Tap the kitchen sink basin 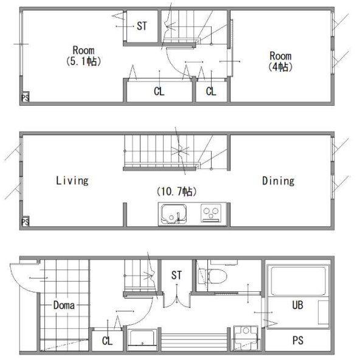pyautogui.click(x=174, y=213)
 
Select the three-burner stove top pyautogui.click(x=210, y=213)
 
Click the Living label pyautogui.click(x=72, y=181)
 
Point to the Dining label pyautogui.click(x=279, y=181)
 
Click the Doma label pyautogui.click(x=64, y=305)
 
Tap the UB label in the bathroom pyautogui.click(x=298, y=305)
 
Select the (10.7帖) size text pyautogui.click(x=176, y=192)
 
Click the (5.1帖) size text pyautogui.click(x=83, y=61)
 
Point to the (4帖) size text pyautogui.click(x=280, y=67)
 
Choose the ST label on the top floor pyautogui.click(x=142, y=26)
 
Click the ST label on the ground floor pyautogui.click(x=176, y=275)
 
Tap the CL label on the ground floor pyautogui.click(x=107, y=341)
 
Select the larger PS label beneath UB pyautogui.click(x=298, y=341)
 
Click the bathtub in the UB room pyautogui.click(x=298, y=282)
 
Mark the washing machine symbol pyautogui.click(x=246, y=338)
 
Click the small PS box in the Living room pyautogui.click(x=25, y=222)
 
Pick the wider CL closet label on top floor pyautogui.click(x=159, y=91)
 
